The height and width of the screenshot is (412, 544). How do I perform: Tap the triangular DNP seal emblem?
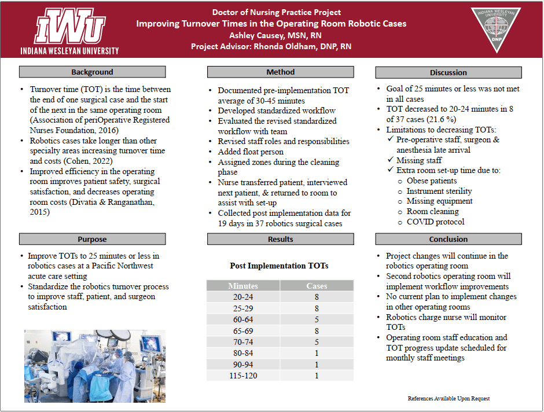(495, 30)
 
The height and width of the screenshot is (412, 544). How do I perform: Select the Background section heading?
(93, 72)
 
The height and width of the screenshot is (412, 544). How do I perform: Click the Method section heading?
(281, 72)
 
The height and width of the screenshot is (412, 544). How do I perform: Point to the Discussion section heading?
(449, 72)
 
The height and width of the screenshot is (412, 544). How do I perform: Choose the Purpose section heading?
(93, 239)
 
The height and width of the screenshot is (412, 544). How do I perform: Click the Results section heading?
(281, 239)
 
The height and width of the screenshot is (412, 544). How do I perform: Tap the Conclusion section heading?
(449, 239)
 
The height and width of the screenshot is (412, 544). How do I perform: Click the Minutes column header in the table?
(243, 286)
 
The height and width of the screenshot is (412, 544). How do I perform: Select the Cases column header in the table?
(317, 286)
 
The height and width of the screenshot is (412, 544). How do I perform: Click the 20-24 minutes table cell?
(243, 297)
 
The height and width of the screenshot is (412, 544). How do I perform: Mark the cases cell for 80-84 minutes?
(317, 352)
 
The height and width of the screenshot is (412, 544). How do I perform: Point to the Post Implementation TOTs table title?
(280, 266)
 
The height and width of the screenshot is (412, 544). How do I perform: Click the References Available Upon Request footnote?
(449, 399)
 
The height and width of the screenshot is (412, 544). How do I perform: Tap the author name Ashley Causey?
(271, 35)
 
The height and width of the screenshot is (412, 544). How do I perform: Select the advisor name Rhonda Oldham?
(301, 46)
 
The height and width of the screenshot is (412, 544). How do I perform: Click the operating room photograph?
(95, 366)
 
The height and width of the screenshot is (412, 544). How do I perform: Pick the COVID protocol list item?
(435, 222)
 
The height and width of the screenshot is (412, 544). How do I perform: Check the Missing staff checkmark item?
(418, 160)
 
